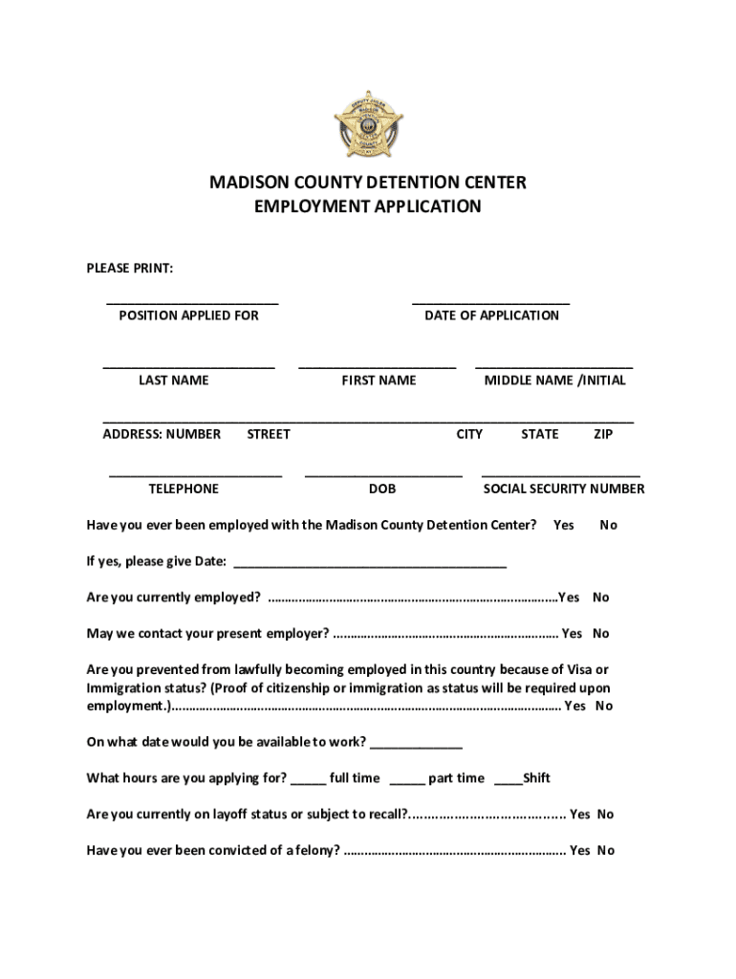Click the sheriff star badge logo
[x=368, y=124]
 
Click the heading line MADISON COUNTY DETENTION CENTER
[x=368, y=183]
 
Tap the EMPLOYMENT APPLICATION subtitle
[x=368, y=207]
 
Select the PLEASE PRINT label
[x=130, y=269]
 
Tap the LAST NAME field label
[x=173, y=381]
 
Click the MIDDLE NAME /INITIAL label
[x=554, y=381]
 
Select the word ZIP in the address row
[x=603, y=435]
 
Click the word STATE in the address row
[x=540, y=435]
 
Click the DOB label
[x=382, y=489]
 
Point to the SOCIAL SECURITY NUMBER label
[x=563, y=489]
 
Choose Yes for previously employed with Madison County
[x=564, y=525]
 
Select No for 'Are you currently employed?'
[x=600, y=598]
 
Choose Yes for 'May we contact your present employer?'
[x=572, y=634]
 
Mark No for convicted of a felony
[x=606, y=851]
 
